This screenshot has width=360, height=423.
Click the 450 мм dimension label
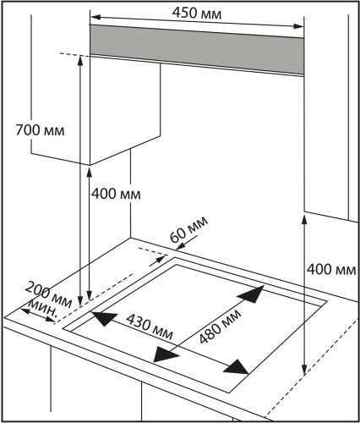197,13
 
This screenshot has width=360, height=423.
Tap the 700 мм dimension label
40,130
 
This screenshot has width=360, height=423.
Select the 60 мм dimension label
189,229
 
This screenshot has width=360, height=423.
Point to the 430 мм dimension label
150,327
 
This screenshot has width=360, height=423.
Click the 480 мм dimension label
220,327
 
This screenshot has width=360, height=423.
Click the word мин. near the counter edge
43,308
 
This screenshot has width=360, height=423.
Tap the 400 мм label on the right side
331,269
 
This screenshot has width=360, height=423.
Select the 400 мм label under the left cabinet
116,194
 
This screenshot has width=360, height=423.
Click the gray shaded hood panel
197,49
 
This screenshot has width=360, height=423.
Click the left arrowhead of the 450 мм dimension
96,17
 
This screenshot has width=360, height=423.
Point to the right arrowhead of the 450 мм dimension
298,26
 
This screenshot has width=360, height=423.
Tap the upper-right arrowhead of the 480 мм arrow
253,294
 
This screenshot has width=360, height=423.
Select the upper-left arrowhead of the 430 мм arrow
102,318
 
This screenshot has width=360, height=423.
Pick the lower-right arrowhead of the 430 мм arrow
237,367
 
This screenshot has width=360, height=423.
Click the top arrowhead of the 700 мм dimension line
80,61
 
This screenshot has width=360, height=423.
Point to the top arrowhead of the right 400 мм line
304,220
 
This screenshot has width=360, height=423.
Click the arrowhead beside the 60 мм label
181,246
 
